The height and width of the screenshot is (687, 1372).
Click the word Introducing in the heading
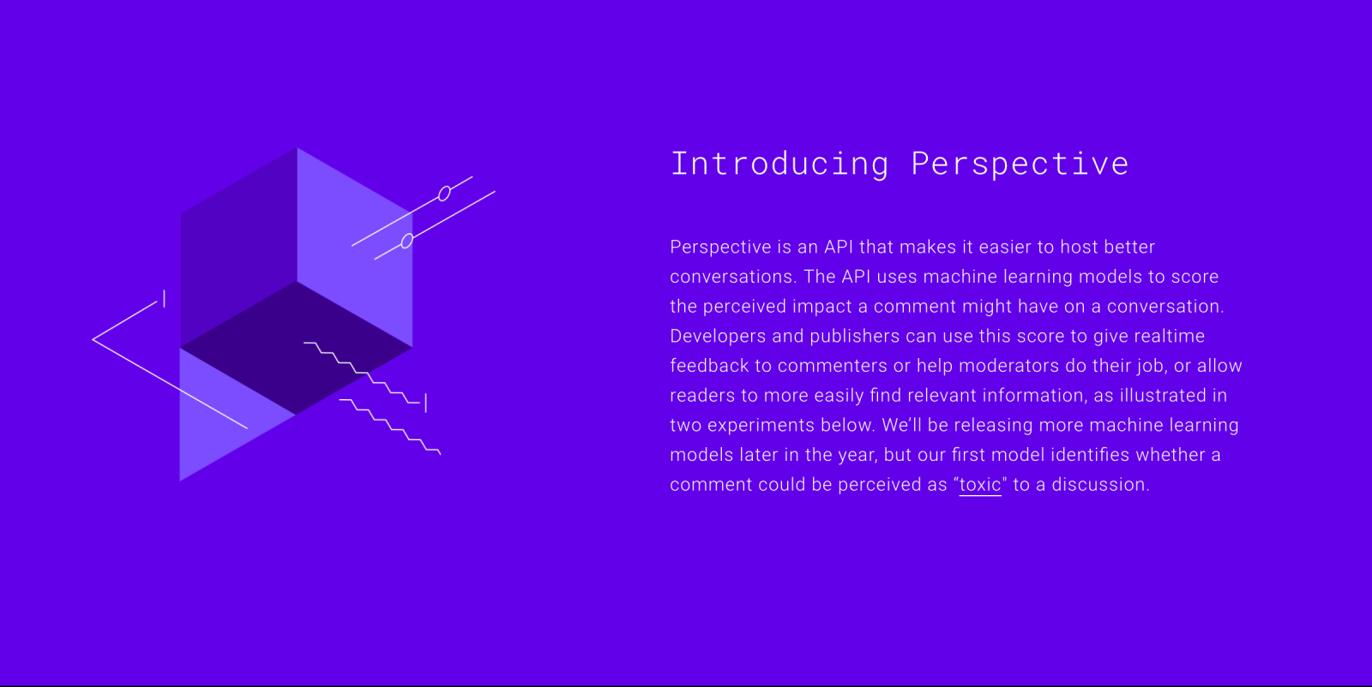click(x=779, y=164)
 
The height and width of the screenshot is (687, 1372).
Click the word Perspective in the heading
click(x=1020, y=164)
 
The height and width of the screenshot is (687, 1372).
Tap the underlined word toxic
click(x=980, y=485)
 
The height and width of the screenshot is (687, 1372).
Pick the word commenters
click(x=833, y=366)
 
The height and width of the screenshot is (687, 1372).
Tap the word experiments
click(x=761, y=425)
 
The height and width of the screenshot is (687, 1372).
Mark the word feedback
click(x=709, y=366)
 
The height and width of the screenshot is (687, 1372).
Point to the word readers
click(x=702, y=395)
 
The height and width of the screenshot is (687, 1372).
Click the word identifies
click(x=1090, y=455)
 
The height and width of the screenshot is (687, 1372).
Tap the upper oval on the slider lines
click(x=445, y=194)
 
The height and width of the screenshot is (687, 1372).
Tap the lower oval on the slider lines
click(x=407, y=241)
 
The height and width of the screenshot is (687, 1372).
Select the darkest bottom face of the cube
click(x=297, y=348)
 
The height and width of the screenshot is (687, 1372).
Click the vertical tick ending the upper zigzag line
click(x=425, y=403)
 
